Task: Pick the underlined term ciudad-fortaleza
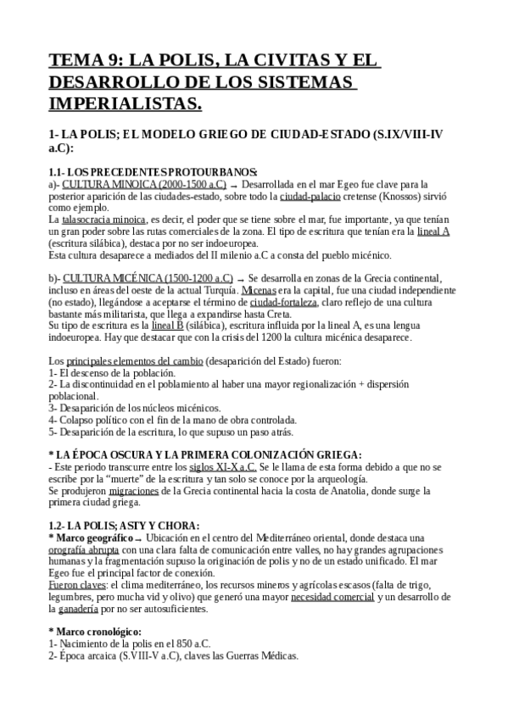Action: point(282,302)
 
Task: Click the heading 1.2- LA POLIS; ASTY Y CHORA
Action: point(125,526)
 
